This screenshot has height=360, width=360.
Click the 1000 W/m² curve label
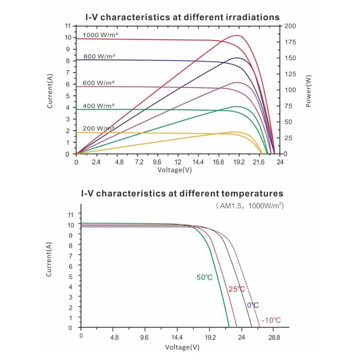click(x=100, y=35)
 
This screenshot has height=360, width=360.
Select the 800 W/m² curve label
click(x=99, y=56)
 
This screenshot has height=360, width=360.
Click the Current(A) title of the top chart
click(x=51, y=90)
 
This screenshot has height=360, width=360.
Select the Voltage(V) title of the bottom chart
click(x=182, y=347)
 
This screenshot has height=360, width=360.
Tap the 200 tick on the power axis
click(x=290, y=26)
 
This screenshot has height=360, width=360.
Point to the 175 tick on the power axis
click(x=289, y=42)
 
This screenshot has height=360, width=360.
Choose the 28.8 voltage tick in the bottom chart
click(x=274, y=337)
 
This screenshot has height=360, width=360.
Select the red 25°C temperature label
click(x=236, y=289)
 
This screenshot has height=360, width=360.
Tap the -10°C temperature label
click(x=271, y=320)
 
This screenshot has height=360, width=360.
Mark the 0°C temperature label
click(x=252, y=306)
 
